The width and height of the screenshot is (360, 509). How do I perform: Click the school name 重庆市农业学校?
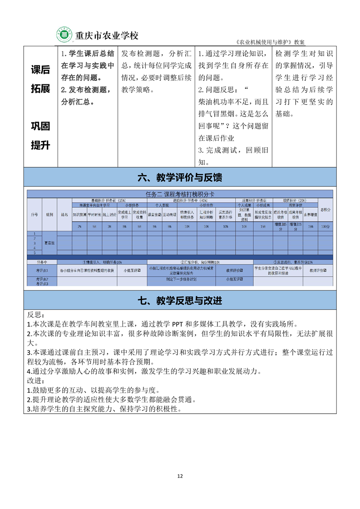(107, 35)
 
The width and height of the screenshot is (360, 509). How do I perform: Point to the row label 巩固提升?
(40, 135)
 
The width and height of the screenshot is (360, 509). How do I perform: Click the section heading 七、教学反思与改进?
(180, 300)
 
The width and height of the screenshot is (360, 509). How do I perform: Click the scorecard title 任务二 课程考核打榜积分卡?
(180, 194)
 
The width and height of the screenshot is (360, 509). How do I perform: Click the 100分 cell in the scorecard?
(325, 226)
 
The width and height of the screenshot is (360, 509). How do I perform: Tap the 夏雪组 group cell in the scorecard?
(50, 243)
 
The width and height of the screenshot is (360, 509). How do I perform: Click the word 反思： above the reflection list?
(36, 315)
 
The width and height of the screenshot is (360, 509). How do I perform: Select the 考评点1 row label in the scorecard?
(42, 270)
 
